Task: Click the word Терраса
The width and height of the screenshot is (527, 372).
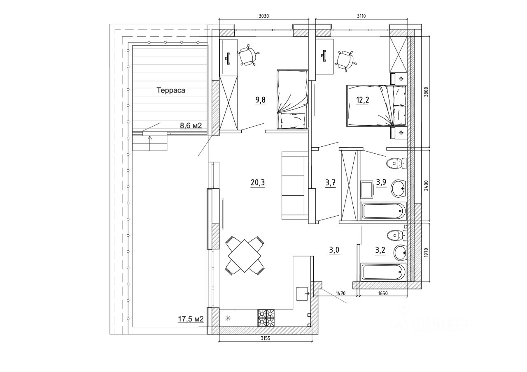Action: point(171,90)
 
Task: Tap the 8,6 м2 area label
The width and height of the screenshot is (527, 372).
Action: point(191,125)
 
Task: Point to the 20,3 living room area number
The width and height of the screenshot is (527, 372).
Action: point(257,183)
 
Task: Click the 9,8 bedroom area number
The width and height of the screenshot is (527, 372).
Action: point(260,101)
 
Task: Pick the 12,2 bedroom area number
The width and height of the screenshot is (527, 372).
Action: point(363,101)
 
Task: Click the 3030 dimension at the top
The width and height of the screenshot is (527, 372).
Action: point(263,16)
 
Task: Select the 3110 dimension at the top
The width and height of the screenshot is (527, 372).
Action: point(361,16)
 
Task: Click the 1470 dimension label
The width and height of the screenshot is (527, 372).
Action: point(340,293)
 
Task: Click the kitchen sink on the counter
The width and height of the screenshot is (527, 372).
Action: point(303,293)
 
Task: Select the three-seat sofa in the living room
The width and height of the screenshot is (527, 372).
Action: point(295,186)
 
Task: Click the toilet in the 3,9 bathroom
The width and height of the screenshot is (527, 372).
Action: point(396,164)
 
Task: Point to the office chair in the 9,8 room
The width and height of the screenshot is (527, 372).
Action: point(249,56)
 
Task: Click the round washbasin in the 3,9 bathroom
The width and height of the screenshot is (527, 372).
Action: point(398,188)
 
